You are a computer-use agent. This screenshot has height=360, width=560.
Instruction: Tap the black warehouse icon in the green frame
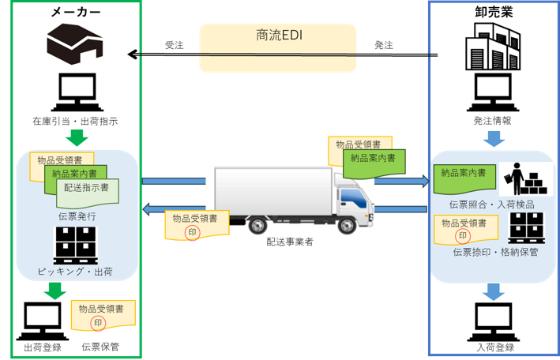(75, 43)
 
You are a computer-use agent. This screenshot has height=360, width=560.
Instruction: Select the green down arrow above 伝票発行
(76, 137)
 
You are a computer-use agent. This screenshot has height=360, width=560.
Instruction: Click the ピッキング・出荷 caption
(75, 272)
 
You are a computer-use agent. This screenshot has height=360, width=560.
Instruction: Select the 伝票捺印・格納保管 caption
(492, 253)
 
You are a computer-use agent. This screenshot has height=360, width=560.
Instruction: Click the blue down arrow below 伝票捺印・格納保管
(492, 291)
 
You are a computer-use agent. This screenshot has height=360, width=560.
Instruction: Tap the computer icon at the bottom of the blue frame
(492, 321)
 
